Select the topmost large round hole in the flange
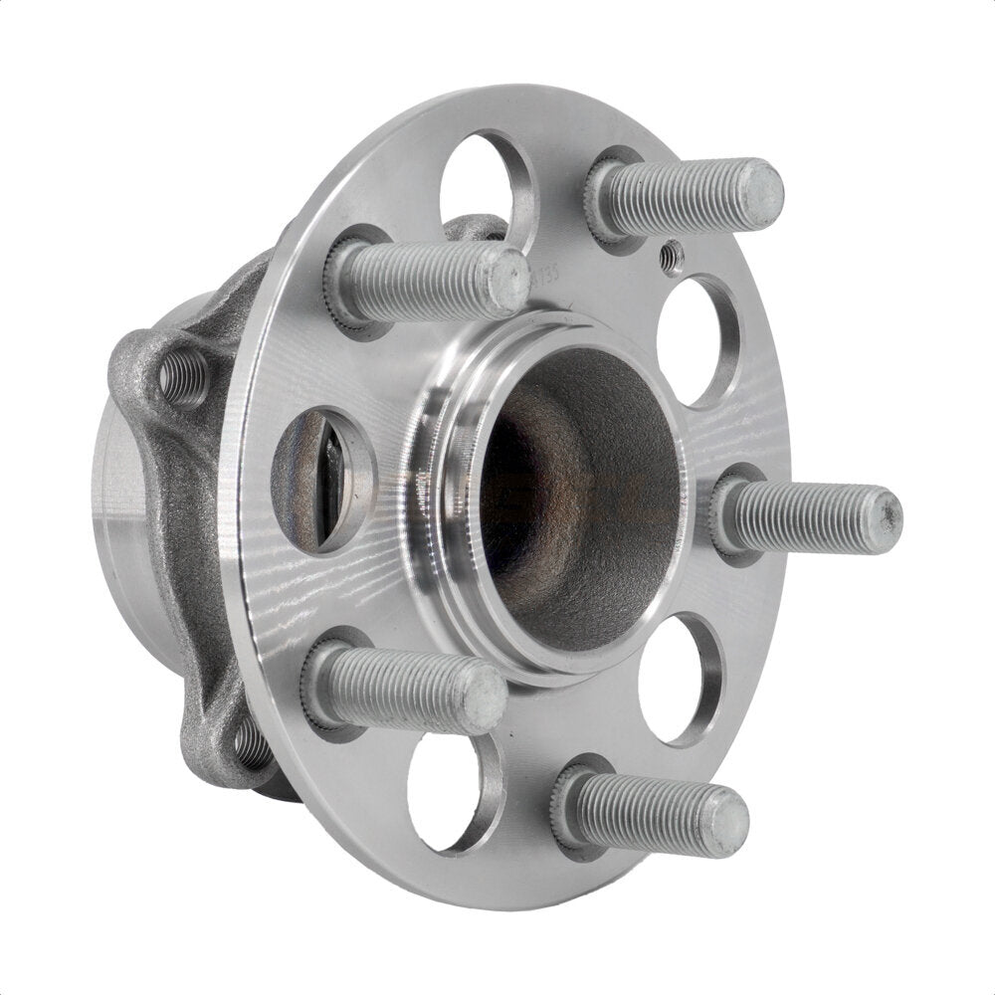(488, 184)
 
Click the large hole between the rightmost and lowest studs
(680, 678)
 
